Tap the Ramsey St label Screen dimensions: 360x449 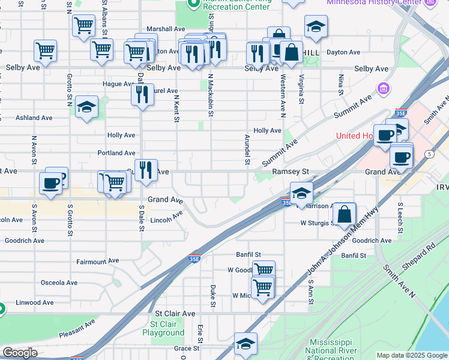click(x=291, y=172)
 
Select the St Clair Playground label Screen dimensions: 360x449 click(x=163, y=328)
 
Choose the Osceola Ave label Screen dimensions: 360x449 click(x=59, y=282)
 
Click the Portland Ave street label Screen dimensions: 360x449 click(x=116, y=153)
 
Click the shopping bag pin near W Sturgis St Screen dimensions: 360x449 click(x=345, y=214)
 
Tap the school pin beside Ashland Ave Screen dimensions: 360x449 click(x=87, y=107)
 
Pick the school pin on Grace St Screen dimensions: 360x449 click(x=246, y=344)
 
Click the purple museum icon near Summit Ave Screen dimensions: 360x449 click(x=382, y=90)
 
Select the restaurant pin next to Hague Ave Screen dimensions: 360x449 click(x=142, y=94)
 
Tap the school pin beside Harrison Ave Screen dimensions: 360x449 click(x=301, y=193)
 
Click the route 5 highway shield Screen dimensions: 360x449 click(x=430, y=154)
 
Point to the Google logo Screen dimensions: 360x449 click(x=20, y=353)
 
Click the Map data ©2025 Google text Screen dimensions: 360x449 click(x=412, y=355)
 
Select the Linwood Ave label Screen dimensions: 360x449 click(x=35, y=303)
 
